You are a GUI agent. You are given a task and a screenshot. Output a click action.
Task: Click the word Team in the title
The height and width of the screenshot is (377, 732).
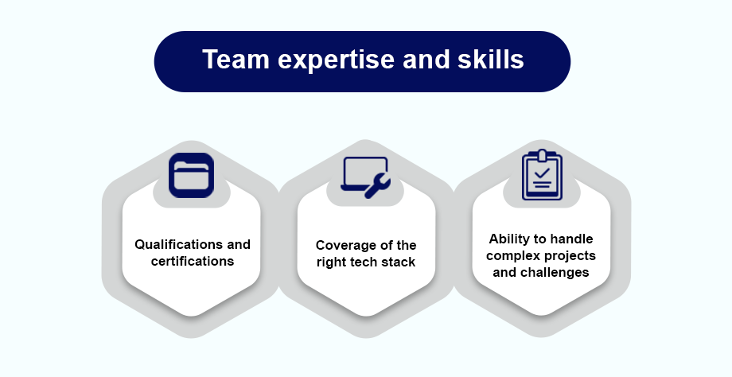pos(236,60)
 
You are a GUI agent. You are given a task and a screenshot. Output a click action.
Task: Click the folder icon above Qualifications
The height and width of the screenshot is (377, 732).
pos(192,176)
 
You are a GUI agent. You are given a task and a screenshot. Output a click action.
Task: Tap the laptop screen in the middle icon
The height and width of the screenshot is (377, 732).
pos(365,171)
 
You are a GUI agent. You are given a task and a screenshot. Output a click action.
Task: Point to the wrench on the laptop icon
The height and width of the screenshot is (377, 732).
pos(377,185)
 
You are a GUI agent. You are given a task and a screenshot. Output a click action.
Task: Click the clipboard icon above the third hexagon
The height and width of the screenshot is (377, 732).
pos(542,175)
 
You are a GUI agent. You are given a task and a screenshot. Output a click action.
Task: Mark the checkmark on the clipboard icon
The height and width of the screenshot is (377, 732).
pos(542,173)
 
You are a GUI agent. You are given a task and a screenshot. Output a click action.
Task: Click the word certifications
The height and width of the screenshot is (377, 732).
pos(193,261)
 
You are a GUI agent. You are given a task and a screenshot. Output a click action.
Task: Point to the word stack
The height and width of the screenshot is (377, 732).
pos(398,262)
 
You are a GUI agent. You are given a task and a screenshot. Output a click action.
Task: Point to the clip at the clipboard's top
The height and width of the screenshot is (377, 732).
pos(542,155)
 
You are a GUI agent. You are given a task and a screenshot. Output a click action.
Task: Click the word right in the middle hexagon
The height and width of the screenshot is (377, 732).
pos(330,262)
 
